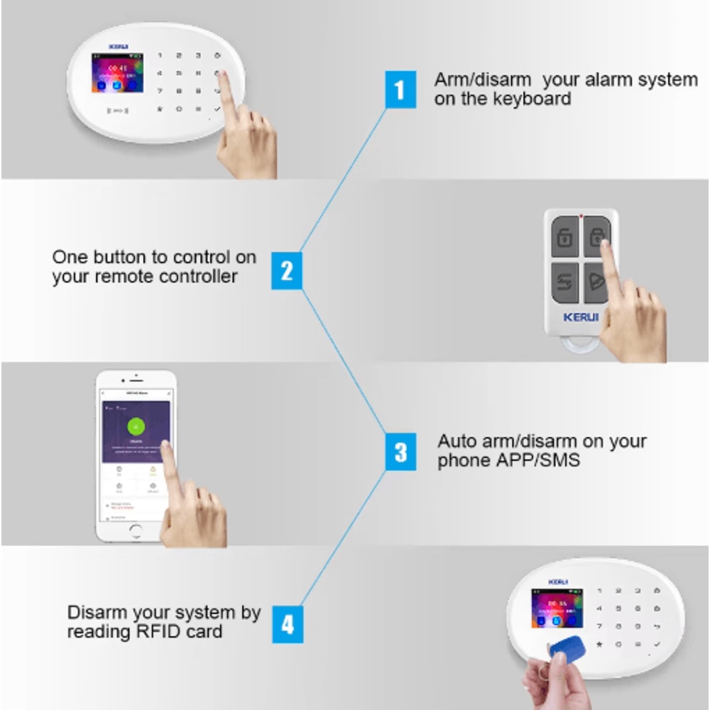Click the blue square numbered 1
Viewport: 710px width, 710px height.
point(400,89)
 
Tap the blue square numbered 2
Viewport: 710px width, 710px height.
point(286,271)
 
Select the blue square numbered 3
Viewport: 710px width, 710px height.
point(400,452)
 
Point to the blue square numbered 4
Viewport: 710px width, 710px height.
point(286,625)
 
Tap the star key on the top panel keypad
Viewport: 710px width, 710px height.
point(160,109)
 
